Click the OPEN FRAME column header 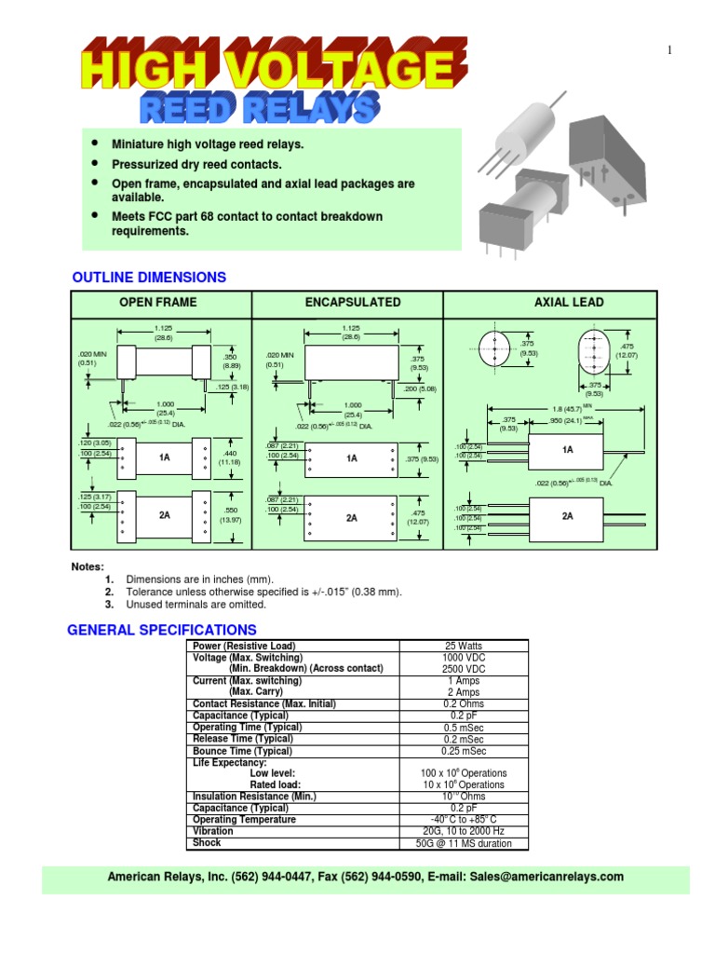pyautogui.click(x=157, y=303)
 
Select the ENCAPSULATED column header pyautogui.click(x=353, y=303)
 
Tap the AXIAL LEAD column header pyautogui.click(x=569, y=303)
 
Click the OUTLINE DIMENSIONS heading pyautogui.click(x=149, y=278)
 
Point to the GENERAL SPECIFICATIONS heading pyautogui.click(x=162, y=630)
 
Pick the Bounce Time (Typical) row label pyautogui.click(x=242, y=751)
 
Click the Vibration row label pyautogui.click(x=213, y=831)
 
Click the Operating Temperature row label pyautogui.click(x=244, y=820)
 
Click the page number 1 pyautogui.click(x=669, y=50)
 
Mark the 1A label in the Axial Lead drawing pyautogui.click(x=568, y=450)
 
